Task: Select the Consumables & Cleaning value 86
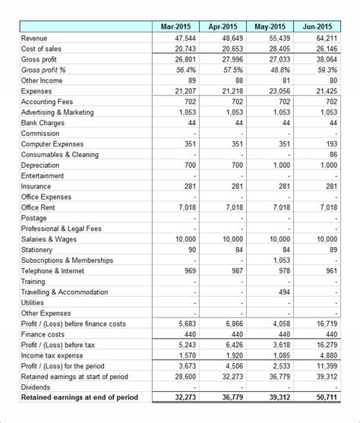(x=332, y=154)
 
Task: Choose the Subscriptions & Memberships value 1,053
(x=280, y=260)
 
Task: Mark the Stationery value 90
(x=191, y=249)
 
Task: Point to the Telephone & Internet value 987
(x=236, y=270)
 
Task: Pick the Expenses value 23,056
(x=279, y=91)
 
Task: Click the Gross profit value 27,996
(x=233, y=59)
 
